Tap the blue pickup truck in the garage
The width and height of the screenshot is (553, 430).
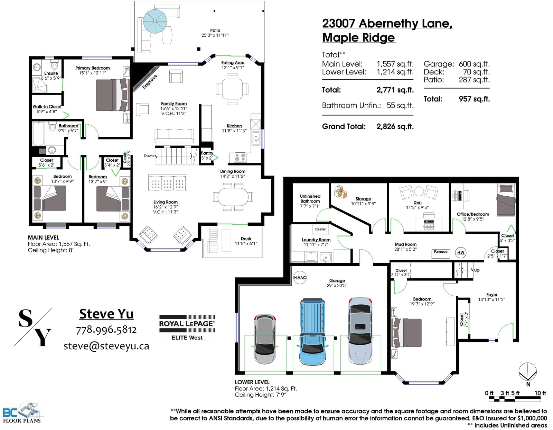click(312, 332)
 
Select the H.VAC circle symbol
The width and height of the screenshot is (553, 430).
click(300, 278)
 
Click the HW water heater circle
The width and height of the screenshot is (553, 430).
click(461, 252)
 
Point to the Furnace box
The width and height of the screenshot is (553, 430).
click(441, 254)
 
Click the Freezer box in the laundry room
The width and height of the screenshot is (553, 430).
click(320, 229)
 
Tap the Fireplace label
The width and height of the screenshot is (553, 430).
click(149, 82)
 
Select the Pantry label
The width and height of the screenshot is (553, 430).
click(207, 153)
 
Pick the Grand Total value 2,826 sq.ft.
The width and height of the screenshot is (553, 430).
click(395, 126)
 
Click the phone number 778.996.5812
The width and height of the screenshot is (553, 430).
click(106, 330)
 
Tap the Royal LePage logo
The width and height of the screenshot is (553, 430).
click(187, 328)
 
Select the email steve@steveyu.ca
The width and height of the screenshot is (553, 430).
click(106, 346)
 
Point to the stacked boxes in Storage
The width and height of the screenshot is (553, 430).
click(341, 192)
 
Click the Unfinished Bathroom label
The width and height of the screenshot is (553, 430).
click(310, 199)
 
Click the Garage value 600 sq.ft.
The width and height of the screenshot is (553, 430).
click(474, 64)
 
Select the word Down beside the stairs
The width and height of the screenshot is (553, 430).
click(149, 156)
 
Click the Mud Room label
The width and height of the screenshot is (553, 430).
click(406, 244)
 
